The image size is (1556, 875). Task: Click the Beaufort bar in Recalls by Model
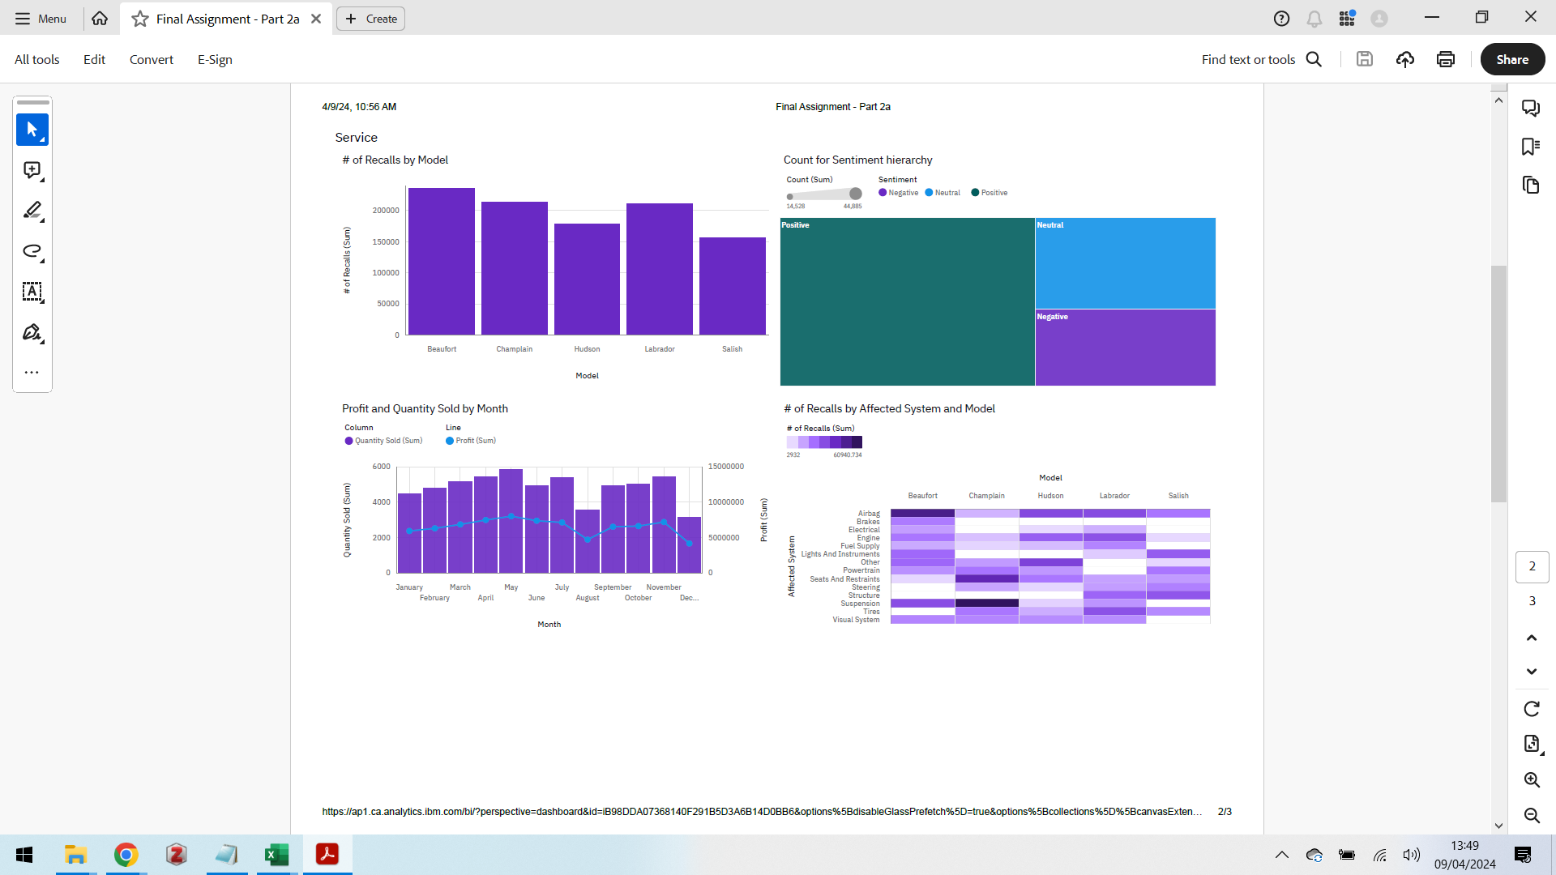point(441,261)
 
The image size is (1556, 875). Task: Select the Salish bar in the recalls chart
point(732,285)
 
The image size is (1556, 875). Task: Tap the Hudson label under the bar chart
point(587,349)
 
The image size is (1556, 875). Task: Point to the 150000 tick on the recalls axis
point(386,241)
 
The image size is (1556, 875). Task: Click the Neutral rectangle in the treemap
point(1125,263)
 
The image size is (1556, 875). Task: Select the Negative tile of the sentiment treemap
point(1125,347)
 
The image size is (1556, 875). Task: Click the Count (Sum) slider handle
point(855,194)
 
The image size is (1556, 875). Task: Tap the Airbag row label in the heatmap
point(868,514)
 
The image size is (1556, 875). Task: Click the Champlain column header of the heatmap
point(986,496)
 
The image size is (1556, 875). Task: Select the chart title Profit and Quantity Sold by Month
point(425,409)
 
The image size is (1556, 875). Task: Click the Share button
point(1511,59)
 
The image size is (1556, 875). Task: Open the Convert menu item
point(151,59)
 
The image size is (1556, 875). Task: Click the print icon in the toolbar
point(1445,59)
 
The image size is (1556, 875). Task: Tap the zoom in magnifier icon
point(1531,779)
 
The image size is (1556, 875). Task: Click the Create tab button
point(371,19)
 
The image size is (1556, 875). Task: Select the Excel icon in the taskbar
point(276,855)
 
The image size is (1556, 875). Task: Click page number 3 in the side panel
point(1532,601)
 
